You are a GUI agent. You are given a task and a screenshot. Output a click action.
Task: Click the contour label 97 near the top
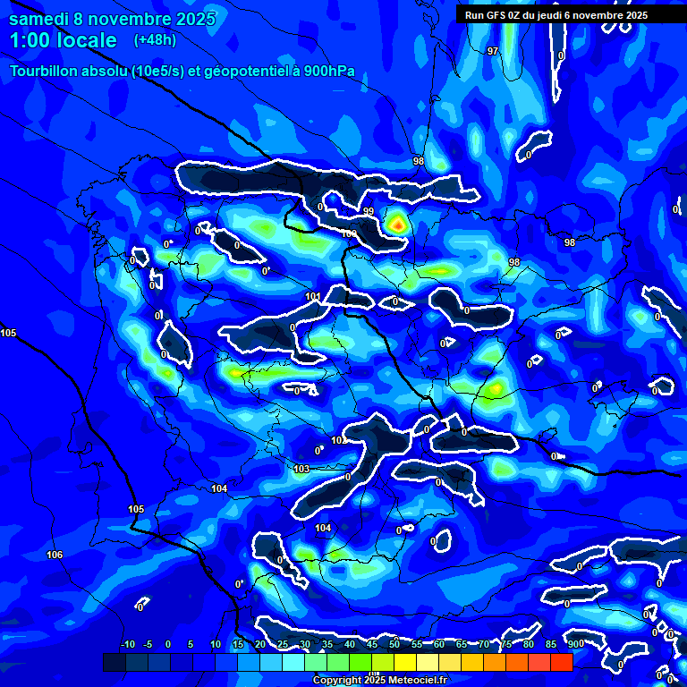click(x=493, y=51)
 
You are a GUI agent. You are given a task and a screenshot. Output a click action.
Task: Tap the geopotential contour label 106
click(x=55, y=556)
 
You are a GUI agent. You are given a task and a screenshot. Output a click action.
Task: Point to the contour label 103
click(x=301, y=469)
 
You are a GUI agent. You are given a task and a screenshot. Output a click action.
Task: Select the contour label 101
click(x=312, y=296)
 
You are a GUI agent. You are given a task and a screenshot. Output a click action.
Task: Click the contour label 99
click(x=369, y=211)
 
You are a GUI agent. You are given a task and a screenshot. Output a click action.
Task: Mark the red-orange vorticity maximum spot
click(x=396, y=225)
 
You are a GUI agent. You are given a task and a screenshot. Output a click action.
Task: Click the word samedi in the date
click(x=39, y=19)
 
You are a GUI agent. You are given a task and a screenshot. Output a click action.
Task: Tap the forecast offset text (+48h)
click(x=155, y=40)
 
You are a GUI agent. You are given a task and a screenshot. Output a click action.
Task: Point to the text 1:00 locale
click(x=63, y=40)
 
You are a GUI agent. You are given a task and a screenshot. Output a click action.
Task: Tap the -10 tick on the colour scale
click(x=127, y=644)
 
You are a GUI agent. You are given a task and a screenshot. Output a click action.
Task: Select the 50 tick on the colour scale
click(x=394, y=644)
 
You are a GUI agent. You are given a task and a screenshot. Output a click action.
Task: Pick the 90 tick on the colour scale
click(x=573, y=644)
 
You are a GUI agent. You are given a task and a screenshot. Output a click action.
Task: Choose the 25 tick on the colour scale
click(x=283, y=644)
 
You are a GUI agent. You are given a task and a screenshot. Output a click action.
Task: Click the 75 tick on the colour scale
click(x=506, y=644)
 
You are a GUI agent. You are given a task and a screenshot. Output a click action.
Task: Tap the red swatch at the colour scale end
click(x=562, y=662)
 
